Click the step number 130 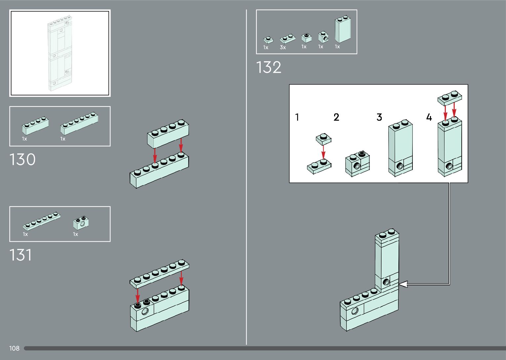pyautogui.click(x=22, y=160)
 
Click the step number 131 pyautogui.click(x=20, y=255)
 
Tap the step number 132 pyautogui.click(x=269, y=67)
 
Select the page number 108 pyautogui.click(x=14, y=348)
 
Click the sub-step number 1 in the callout pyautogui.click(x=297, y=117)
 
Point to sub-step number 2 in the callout pyautogui.click(x=336, y=117)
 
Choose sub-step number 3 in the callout pyautogui.click(x=379, y=117)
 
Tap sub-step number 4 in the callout pyautogui.click(x=429, y=117)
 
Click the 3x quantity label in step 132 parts pyautogui.click(x=283, y=48)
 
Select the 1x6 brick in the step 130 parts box pyautogui.click(x=79, y=123)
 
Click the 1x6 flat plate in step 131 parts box pyautogui.click(x=41, y=221)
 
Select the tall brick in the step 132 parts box pyautogui.click(x=342, y=30)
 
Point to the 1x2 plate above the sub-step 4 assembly pyautogui.click(x=449, y=98)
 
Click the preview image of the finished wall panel pyautogui.click(x=60, y=53)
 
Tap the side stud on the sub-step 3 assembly pyautogui.click(x=400, y=166)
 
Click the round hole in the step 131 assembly pyautogui.click(x=145, y=311)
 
